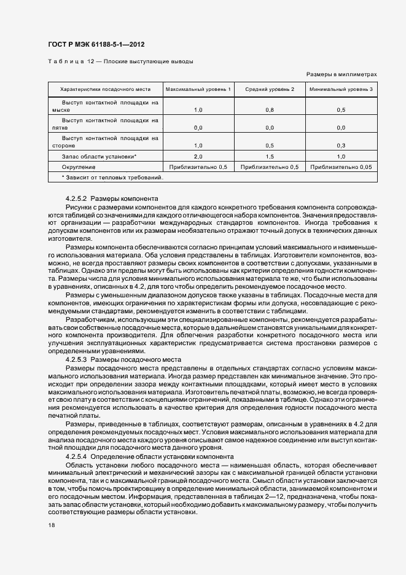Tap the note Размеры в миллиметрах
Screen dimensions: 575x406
click(x=341, y=74)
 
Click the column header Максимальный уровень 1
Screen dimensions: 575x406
click(x=198, y=90)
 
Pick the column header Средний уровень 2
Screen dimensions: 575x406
click(x=270, y=90)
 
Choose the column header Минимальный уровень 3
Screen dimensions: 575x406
click(x=341, y=90)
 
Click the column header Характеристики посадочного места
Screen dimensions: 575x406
click(x=101, y=90)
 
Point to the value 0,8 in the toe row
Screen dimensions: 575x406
click(x=270, y=110)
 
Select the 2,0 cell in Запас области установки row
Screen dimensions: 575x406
click(x=198, y=157)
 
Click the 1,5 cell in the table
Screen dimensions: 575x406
click(x=270, y=157)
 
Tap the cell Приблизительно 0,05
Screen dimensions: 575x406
click(x=341, y=167)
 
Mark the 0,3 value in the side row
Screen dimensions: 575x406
click(x=341, y=146)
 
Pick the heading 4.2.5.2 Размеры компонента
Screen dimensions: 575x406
click(x=111, y=198)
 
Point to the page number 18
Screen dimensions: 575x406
click(x=52, y=525)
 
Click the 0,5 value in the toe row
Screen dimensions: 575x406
click(x=341, y=110)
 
